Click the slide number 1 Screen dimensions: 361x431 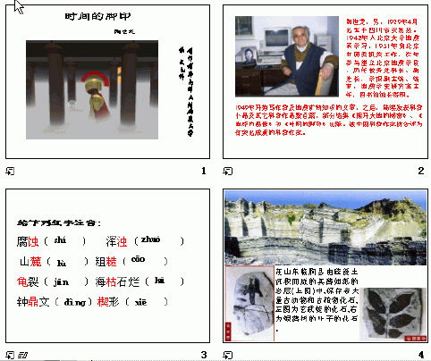pyautogui.click(x=204, y=171)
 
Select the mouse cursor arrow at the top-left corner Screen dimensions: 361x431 pyautogui.click(x=19, y=8)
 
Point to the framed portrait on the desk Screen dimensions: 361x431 pyautogui.click(x=247, y=54)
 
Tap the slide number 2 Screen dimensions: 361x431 pyautogui.click(x=419, y=171)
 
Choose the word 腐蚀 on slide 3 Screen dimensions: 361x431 pyautogui.click(x=29, y=241)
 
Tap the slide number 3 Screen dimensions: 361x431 pyautogui.click(x=204, y=354)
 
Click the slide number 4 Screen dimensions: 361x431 pyautogui.click(x=419, y=354)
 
